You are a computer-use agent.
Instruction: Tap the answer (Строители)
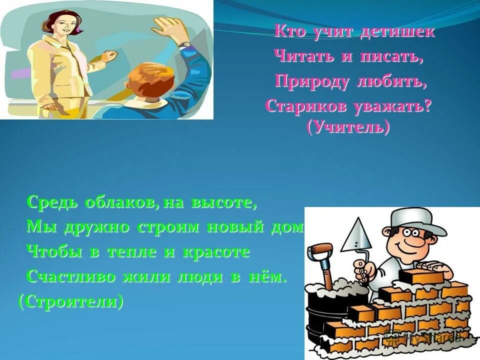click(70, 301)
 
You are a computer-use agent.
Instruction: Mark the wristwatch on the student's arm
click(185, 45)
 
